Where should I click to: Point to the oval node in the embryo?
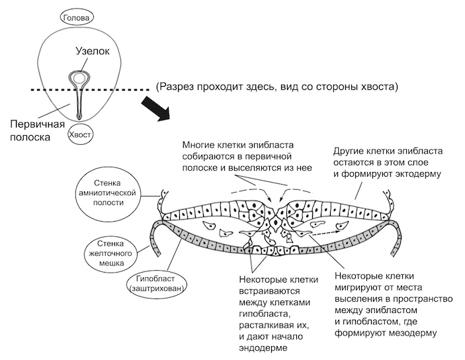click(x=79, y=78)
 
